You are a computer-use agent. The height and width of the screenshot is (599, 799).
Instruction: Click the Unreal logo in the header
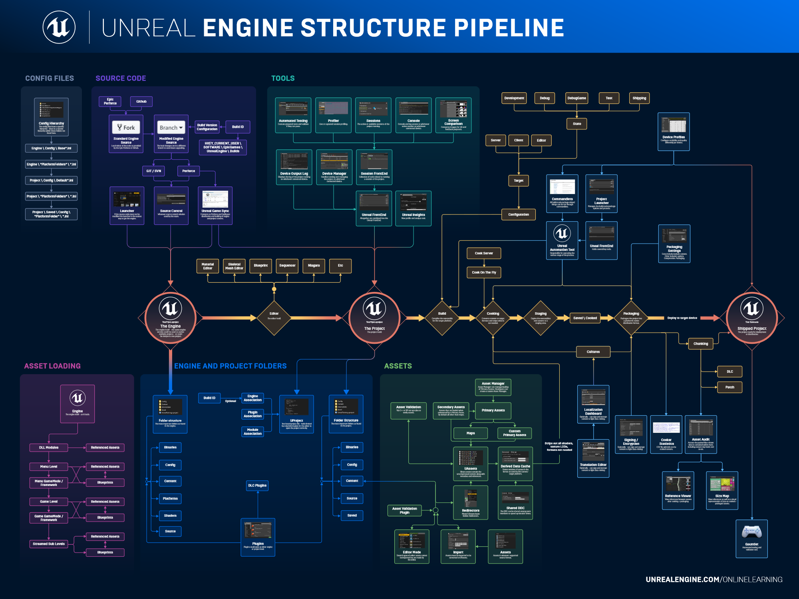59,27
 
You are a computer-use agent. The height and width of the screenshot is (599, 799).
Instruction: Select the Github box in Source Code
141,101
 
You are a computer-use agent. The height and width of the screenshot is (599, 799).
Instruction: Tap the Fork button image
126,127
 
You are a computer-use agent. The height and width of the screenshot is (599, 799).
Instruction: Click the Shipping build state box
639,98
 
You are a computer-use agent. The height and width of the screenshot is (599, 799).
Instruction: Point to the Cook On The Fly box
484,272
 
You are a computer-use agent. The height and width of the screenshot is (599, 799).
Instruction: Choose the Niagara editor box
314,266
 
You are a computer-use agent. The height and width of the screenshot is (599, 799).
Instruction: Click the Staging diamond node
541,318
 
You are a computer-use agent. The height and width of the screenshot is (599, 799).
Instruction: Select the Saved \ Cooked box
585,318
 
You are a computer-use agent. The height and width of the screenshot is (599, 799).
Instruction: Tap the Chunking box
701,343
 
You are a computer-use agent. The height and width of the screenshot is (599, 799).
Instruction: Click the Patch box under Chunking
729,387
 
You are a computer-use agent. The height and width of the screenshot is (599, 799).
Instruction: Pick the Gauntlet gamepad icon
751,532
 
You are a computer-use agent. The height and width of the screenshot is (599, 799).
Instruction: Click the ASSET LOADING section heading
52,366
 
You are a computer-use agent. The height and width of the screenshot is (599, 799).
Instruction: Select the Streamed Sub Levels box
49,544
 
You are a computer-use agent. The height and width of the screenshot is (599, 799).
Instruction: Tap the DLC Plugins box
257,486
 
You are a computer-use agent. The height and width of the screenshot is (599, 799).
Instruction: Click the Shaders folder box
170,516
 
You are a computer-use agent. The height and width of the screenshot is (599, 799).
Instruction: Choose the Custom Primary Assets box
515,433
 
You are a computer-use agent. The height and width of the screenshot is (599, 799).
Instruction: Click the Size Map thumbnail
722,484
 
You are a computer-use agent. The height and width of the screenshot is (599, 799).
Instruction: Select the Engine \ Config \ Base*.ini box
51,148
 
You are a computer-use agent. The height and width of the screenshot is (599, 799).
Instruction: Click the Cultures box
593,352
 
